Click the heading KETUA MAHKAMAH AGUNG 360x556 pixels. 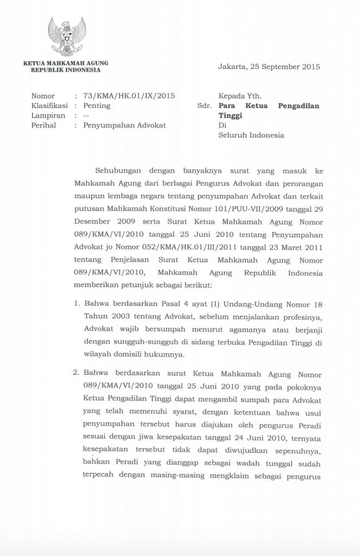66,63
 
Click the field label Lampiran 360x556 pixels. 48,116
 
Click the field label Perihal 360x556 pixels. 45,125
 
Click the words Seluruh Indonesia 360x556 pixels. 251,135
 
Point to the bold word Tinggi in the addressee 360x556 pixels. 231,116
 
